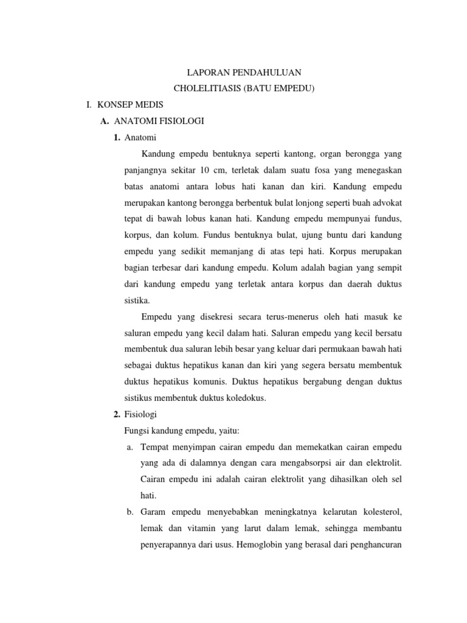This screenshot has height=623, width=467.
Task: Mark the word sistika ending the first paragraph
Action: (135, 300)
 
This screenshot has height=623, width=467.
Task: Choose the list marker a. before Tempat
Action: (130, 448)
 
